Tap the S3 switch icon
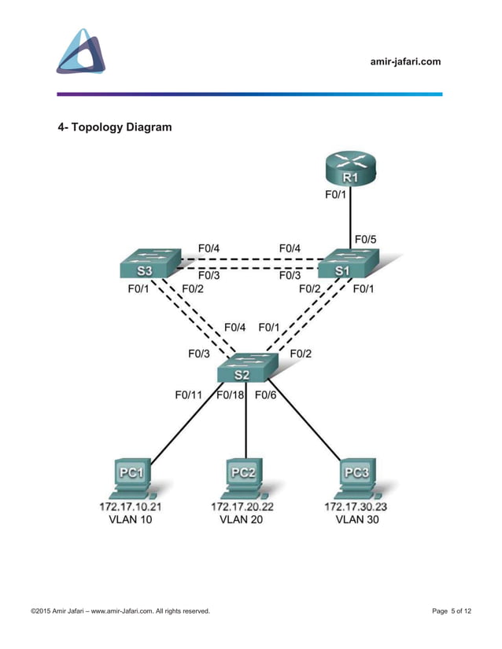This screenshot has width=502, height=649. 147,264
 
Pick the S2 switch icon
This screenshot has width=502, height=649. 247,367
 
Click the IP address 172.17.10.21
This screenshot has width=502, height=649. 131,507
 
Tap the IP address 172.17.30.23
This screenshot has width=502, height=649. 356,507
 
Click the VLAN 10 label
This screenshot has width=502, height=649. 131,519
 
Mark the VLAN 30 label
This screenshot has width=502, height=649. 356,519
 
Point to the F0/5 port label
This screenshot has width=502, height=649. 366,239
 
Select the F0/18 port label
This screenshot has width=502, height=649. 231,394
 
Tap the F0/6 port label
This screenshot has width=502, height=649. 266,394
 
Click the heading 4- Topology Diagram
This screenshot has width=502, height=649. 114,126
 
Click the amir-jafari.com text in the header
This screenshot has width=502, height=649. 405,62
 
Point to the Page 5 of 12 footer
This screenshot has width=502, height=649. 452,610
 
